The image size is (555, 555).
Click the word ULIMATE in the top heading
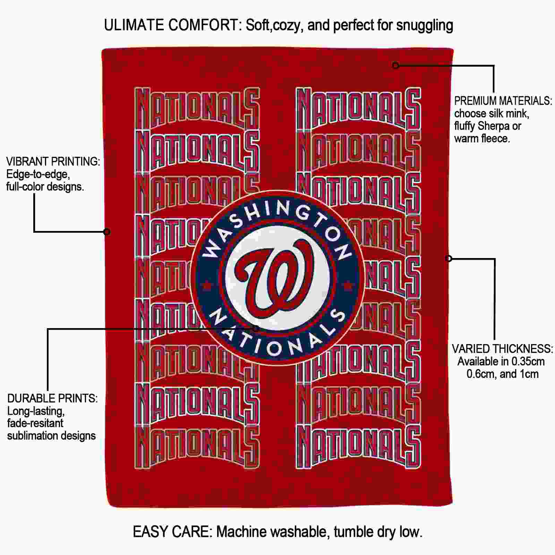click(x=134, y=25)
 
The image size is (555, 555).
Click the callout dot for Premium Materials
click(x=395, y=65)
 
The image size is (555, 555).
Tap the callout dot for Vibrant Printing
click(x=107, y=231)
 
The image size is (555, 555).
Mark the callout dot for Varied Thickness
click(x=449, y=258)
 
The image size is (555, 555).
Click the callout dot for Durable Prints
click(x=256, y=328)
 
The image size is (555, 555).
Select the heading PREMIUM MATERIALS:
click(x=503, y=101)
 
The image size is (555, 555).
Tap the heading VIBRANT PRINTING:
click(x=53, y=162)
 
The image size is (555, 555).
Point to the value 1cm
click(x=529, y=374)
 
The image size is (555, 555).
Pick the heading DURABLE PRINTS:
click(x=52, y=399)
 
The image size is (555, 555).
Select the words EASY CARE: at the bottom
click(x=173, y=532)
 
